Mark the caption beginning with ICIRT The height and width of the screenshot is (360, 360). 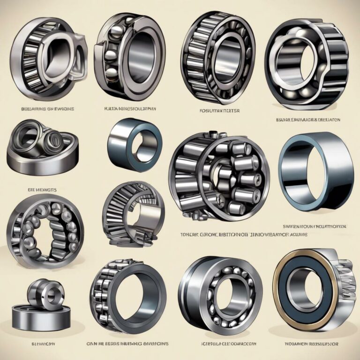[219, 344]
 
